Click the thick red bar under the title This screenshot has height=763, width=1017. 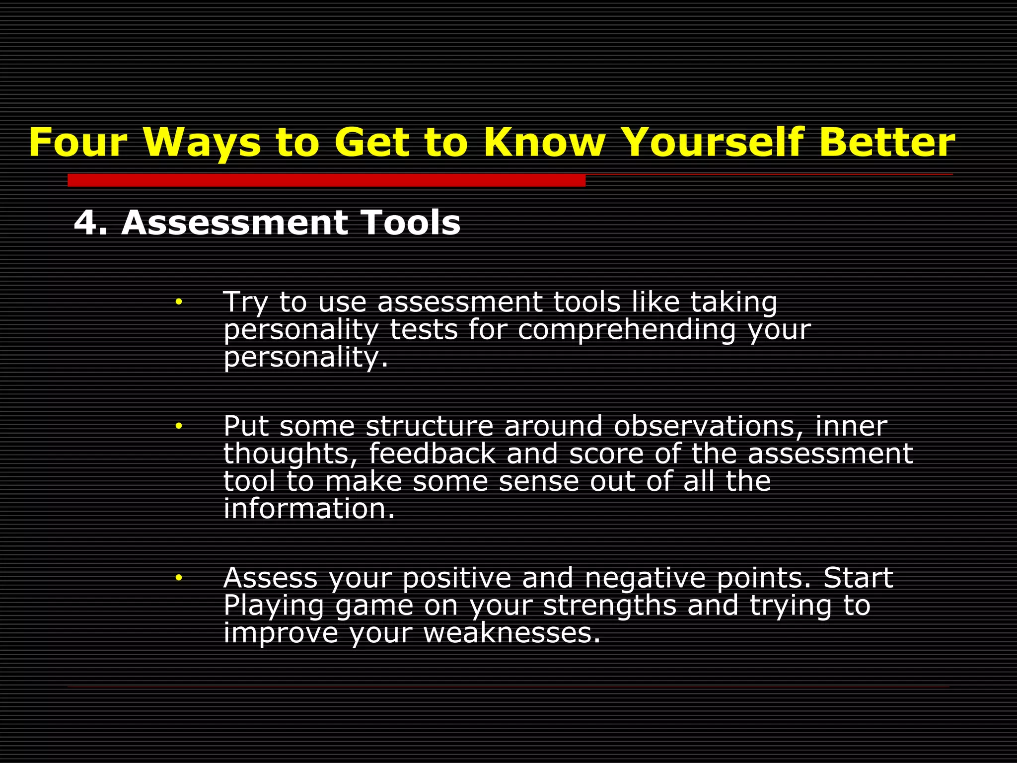pyautogui.click(x=326, y=180)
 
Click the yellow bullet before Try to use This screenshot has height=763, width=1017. pyautogui.click(x=179, y=302)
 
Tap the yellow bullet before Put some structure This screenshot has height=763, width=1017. pyautogui.click(x=179, y=426)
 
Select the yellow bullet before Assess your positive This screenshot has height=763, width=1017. pyautogui.click(x=179, y=577)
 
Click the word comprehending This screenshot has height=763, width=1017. pyautogui.click(x=626, y=330)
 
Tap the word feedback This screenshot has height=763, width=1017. pyautogui.click(x=432, y=454)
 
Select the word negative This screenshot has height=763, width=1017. pyautogui.click(x=645, y=578)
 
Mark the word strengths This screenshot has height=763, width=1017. pyautogui.click(x=610, y=606)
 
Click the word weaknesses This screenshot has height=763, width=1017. pyautogui.click(x=511, y=633)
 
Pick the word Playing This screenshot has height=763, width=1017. pyautogui.click(x=274, y=606)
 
